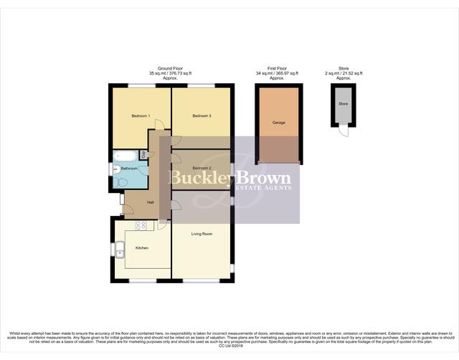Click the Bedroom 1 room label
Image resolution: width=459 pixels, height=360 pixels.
click(x=139, y=115)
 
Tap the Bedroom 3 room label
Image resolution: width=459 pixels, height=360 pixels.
click(x=202, y=115)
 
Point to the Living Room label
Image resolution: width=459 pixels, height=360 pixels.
click(x=202, y=234)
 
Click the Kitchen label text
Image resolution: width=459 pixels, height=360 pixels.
click(x=142, y=247)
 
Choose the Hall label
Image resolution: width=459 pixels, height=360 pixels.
click(x=151, y=202)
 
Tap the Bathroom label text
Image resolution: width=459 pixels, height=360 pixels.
click(x=129, y=168)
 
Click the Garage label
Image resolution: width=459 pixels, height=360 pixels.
click(x=278, y=123)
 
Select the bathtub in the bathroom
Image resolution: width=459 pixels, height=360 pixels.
click(x=126, y=155)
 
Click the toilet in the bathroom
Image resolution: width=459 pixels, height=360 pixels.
click(x=120, y=183)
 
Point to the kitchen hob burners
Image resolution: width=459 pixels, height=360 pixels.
click(x=141, y=225)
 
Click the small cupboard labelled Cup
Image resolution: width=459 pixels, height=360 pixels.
click(x=143, y=154)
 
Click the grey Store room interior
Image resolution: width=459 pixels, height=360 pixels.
click(x=344, y=105)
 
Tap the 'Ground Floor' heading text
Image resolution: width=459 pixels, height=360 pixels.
click(x=170, y=68)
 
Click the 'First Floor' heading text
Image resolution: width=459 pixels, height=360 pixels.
click(x=278, y=68)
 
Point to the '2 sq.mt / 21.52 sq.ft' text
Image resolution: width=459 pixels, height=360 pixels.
click(x=344, y=73)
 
